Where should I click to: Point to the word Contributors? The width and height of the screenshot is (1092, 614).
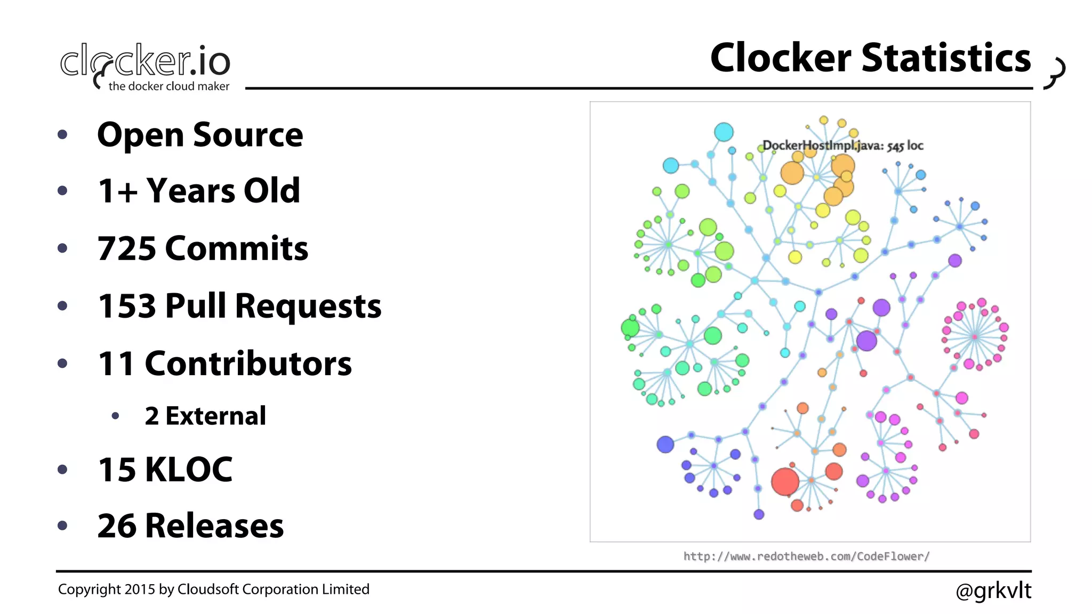coord(248,363)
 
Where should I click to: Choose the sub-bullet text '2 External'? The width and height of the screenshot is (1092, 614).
coord(205,416)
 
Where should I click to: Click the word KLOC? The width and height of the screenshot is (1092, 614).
coord(189,470)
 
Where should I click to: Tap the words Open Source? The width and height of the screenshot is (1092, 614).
coord(200,134)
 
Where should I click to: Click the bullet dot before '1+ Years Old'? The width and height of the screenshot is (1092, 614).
coord(62,191)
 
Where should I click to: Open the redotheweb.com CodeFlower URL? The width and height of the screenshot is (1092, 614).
coord(806,556)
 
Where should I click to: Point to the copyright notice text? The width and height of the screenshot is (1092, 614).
coord(213,589)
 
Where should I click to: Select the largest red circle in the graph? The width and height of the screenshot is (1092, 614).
coord(785,481)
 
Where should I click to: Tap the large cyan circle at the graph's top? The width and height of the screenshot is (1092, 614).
coord(724,132)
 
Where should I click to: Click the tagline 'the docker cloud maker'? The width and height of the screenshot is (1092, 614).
coord(168,86)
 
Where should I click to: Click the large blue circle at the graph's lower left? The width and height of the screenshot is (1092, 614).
coord(665,444)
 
